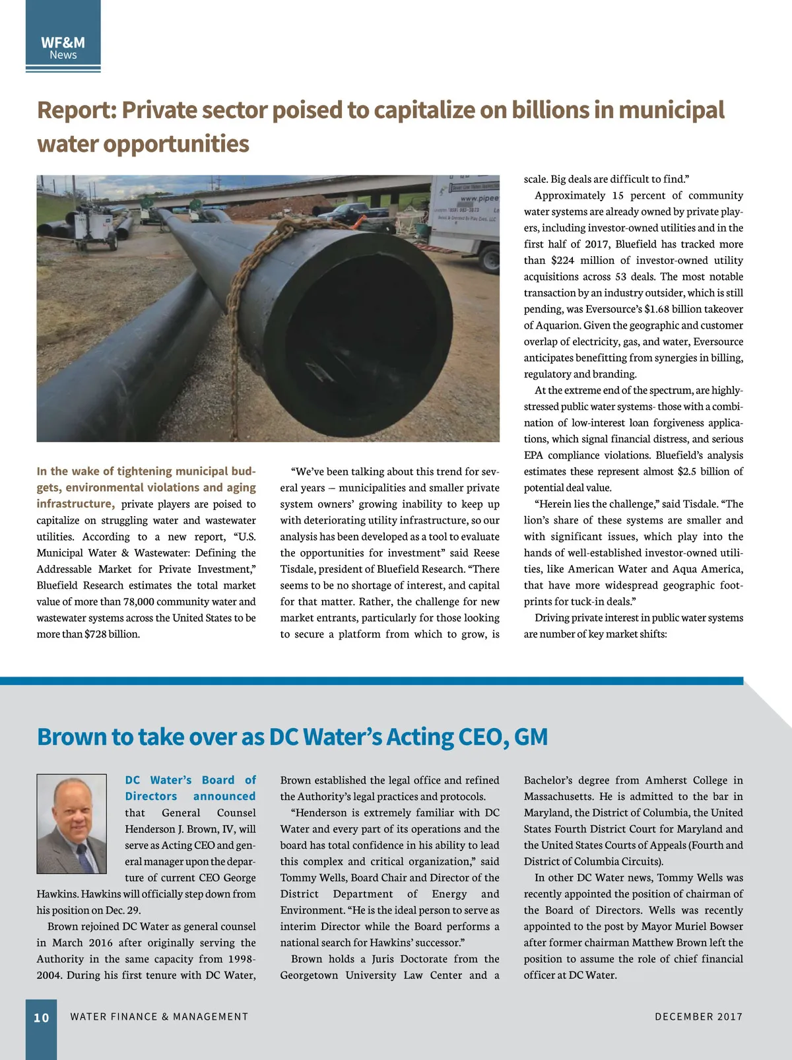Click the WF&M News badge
(x=63, y=48)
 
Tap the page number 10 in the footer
(x=42, y=1018)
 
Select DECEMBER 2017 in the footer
(x=698, y=1017)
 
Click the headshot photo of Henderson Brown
(x=71, y=824)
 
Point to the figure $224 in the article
(x=562, y=261)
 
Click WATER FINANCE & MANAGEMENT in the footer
(x=159, y=1017)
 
